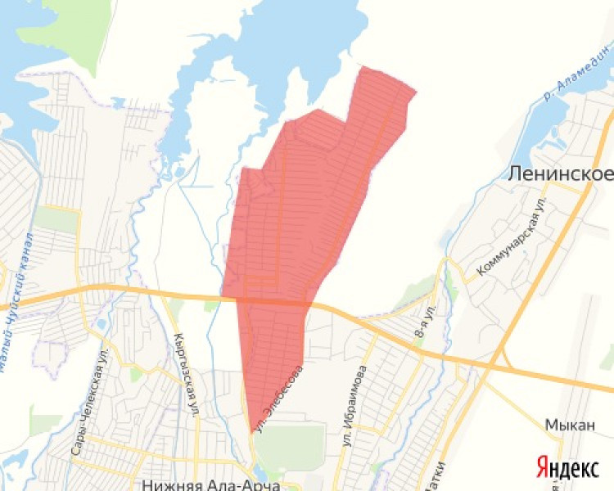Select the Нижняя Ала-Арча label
[211, 484]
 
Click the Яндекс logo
[567, 467]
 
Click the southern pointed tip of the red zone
[251, 432]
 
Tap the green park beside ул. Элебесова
[291, 447]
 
